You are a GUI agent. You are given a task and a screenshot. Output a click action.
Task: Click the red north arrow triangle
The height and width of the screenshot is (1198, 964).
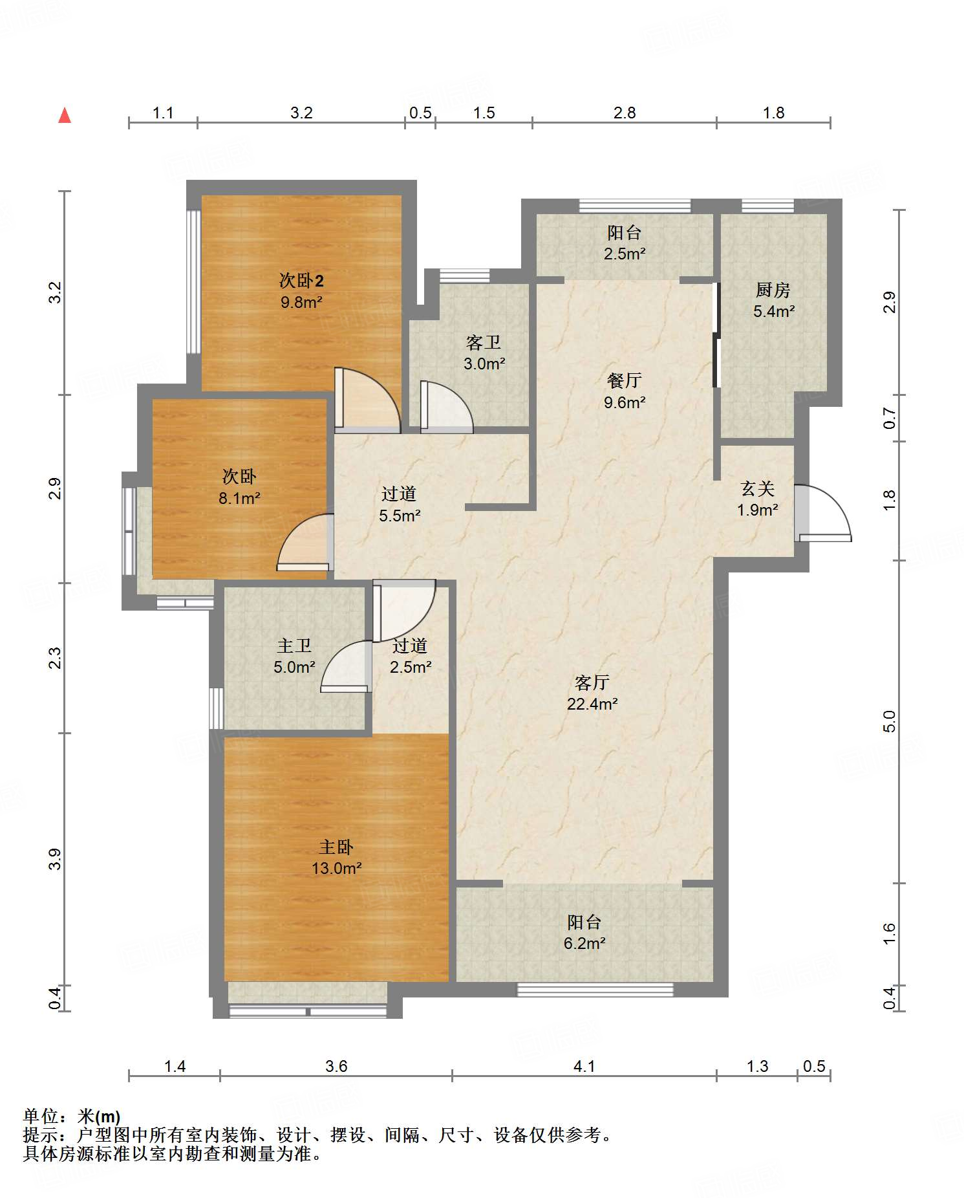(65, 115)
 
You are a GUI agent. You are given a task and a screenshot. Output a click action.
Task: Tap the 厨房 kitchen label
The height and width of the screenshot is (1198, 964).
(773, 290)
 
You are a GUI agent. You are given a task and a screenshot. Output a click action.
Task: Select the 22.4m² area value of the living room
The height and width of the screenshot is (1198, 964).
(592, 704)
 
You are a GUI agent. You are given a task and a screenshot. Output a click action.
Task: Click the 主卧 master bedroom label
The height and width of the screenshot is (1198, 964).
(336, 847)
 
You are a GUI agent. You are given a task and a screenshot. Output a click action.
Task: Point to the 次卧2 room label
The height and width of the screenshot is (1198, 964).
(301, 280)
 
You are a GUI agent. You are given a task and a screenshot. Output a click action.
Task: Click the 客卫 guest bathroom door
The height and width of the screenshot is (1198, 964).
(447, 407)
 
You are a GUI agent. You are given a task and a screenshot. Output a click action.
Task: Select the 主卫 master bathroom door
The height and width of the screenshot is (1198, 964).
(346, 666)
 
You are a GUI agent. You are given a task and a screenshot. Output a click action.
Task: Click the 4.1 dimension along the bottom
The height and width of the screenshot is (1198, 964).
(584, 1066)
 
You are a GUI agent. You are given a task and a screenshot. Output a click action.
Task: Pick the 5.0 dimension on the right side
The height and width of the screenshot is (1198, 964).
(890, 721)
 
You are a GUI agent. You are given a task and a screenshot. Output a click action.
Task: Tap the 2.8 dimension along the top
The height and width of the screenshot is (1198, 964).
(625, 113)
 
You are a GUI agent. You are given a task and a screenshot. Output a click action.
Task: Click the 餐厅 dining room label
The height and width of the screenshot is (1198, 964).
(625, 380)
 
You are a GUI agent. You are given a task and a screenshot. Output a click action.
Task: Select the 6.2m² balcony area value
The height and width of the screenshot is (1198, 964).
(584, 943)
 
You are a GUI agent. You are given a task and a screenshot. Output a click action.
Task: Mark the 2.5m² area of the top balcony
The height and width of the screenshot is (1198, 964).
(625, 254)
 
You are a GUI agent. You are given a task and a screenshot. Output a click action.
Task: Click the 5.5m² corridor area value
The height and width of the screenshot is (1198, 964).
(400, 516)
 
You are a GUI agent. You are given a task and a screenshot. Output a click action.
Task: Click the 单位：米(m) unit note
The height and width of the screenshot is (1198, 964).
(72, 1116)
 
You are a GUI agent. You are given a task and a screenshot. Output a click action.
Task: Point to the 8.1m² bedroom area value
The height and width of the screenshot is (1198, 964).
(239, 498)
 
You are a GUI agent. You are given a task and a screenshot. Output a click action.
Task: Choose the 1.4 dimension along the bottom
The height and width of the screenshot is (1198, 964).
(175, 1066)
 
